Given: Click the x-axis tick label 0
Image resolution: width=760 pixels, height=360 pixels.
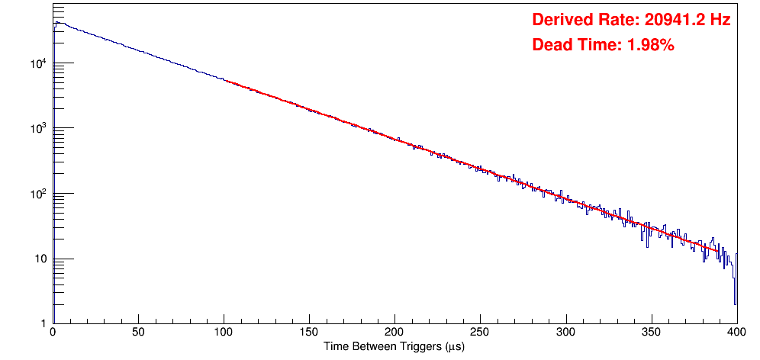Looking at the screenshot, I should pyautogui.click(x=52, y=333).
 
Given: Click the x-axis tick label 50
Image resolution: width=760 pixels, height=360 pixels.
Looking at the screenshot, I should pyautogui.click(x=137, y=333).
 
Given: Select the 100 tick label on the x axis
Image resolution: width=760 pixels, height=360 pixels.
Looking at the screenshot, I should pyautogui.click(x=223, y=333).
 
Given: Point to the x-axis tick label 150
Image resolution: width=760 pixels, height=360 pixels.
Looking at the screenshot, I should pyautogui.click(x=308, y=333).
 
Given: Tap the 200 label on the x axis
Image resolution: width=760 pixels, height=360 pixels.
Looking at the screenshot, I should pyautogui.click(x=394, y=333).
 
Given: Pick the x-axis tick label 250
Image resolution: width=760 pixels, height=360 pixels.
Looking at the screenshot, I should pyautogui.click(x=479, y=333).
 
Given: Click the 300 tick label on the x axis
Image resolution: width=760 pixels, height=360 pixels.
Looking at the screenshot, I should pyautogui.click(x=565, y=333).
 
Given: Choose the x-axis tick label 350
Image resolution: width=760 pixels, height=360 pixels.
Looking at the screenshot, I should pyautogui.click(x=651, y=333).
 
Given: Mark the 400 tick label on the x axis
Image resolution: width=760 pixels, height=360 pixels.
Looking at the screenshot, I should pyautogui.click(x=736, y=333).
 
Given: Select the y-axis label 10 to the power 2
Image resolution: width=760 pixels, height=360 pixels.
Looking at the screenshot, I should pyautogui.click(x=39, y=194).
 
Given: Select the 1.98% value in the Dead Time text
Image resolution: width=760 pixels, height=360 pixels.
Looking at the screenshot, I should pyautogui.click(x=650, y=46).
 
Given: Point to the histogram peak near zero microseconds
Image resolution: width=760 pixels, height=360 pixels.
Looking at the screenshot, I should pyautogui.click(x=56, y=23).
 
